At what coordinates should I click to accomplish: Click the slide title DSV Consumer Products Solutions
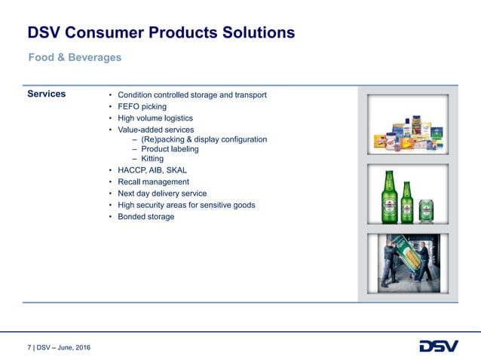click(161, 32)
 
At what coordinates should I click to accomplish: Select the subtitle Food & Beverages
click(75, 57)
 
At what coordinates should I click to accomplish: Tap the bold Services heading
click(46, 94)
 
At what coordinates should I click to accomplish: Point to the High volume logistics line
click(155, 118)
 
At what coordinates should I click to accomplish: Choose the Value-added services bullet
click(161, 130)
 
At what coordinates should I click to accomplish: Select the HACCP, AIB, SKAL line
click(152, 171)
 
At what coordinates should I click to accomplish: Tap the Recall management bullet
click(153, 182)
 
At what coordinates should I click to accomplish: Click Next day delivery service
click(161, 194)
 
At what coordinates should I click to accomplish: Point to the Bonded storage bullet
click(146, 217)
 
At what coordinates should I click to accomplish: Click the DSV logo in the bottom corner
click(438, 346)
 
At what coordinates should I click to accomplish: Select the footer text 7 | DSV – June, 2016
click(59, 347)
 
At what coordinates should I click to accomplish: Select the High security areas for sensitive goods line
click(186, 205)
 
